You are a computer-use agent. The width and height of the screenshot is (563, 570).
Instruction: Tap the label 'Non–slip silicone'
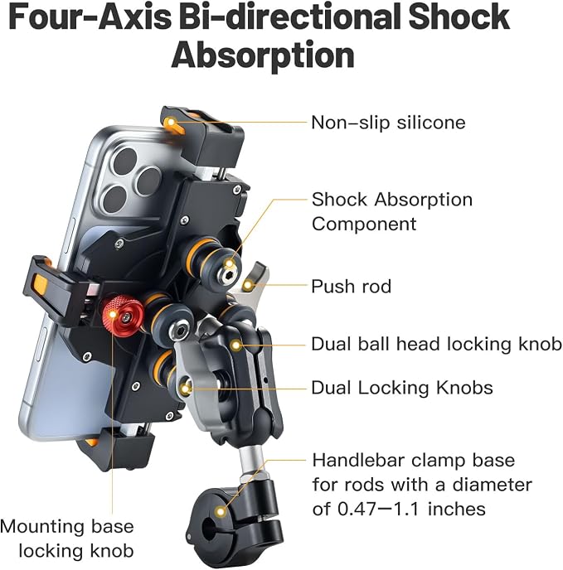pos(388,123)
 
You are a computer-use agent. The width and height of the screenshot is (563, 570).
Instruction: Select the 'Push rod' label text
pos(352,287)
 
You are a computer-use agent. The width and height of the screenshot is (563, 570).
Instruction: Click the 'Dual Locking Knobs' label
pos(402,388)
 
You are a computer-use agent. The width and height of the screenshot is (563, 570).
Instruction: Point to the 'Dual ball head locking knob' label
pos(436,344)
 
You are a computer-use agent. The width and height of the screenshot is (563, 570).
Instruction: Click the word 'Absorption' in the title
pos(263,55)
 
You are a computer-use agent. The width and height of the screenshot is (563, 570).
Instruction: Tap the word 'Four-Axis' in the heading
pos(90,17)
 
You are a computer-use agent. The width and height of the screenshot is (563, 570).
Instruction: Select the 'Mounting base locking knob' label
pos(68,539)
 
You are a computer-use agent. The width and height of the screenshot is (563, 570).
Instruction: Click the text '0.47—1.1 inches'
pos(411,509)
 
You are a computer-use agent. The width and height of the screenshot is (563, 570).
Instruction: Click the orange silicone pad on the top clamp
pos(171,124)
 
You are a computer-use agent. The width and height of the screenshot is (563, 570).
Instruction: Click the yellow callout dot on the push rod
pos(249,285)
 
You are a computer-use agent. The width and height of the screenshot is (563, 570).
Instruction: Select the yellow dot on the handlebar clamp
pos(221,512)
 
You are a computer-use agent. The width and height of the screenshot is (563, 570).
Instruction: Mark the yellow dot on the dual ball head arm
pos(235,345)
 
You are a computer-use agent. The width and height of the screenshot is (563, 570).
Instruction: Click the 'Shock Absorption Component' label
pos(392,211)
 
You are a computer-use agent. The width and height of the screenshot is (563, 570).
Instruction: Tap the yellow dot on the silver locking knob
pos(186,389)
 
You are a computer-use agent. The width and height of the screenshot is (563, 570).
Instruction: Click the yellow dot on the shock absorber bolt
pos(230,263)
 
